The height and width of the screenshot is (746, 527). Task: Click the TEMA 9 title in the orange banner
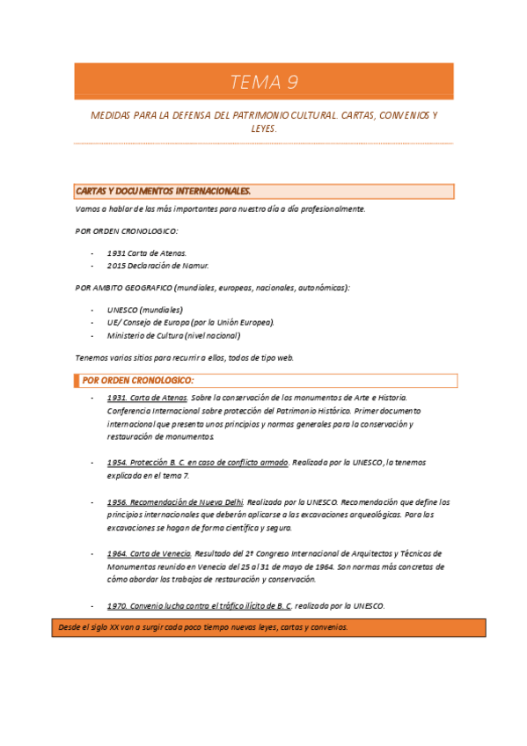pos(264,83)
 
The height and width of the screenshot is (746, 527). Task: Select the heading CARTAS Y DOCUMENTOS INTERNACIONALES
pos(164,191)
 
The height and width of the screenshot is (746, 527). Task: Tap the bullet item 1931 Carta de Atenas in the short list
pos(147,252)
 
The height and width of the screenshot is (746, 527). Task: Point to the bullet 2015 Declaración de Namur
pos(158,265)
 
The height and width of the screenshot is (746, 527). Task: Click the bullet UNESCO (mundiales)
pos(145,310)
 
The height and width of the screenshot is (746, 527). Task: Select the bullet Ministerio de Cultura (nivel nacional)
pos(173,335)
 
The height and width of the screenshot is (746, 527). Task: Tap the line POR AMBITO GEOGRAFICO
pos(212,287)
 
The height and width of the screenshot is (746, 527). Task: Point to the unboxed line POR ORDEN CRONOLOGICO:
pos(128,230)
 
